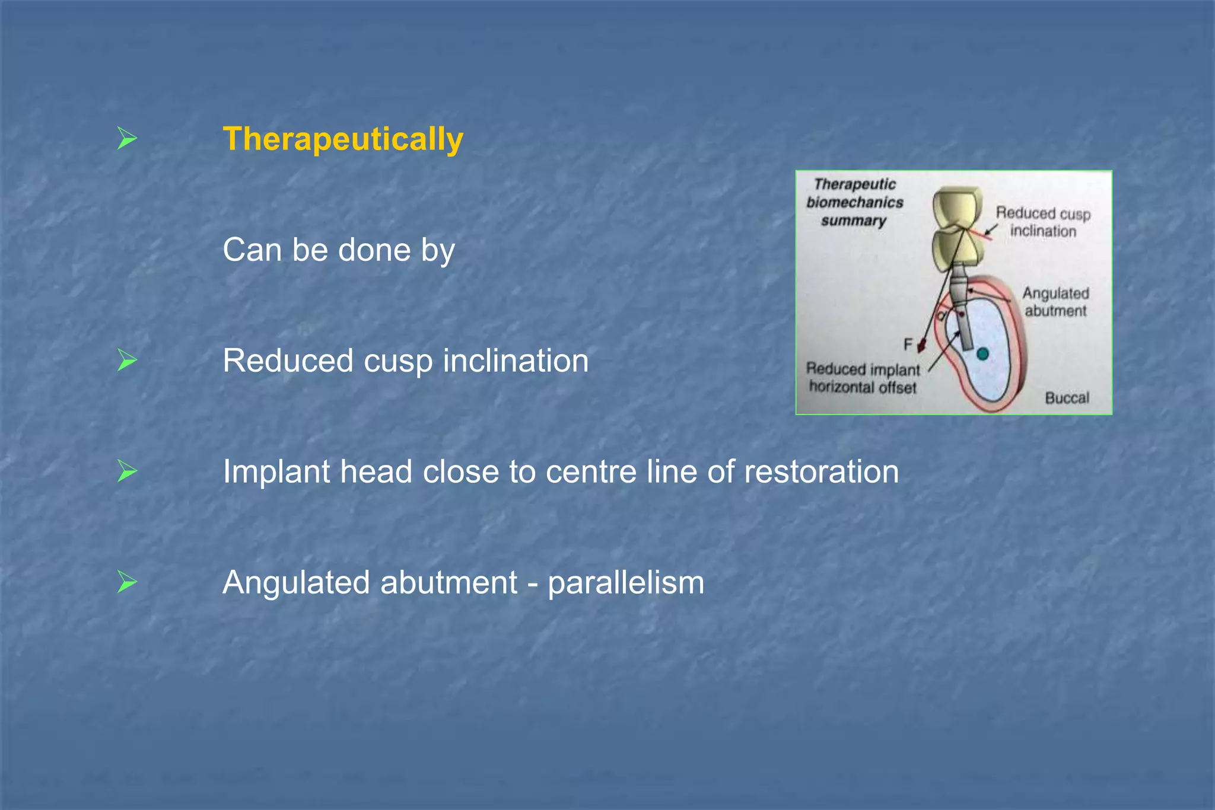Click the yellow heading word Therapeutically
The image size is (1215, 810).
click(342, 139)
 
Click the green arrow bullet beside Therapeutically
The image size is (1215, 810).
click(127, 138)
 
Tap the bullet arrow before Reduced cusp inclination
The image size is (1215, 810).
click(127, 360)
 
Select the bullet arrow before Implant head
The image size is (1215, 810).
click(127, 471)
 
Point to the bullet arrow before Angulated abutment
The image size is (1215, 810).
click(127, 582)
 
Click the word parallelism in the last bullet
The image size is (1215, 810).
click(626, 583)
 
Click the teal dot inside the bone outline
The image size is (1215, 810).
click(982, 354)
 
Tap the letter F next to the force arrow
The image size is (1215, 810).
click(908, 345)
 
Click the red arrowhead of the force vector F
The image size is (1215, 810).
click(922, 346)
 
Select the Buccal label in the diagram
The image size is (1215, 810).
click(1067, 398)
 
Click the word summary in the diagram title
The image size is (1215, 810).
click(853, 221)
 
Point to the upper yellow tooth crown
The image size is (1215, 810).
click(956, 208)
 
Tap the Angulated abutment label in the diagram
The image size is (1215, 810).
click(1055, 302)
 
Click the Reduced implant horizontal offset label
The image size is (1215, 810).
click(863, 378)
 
